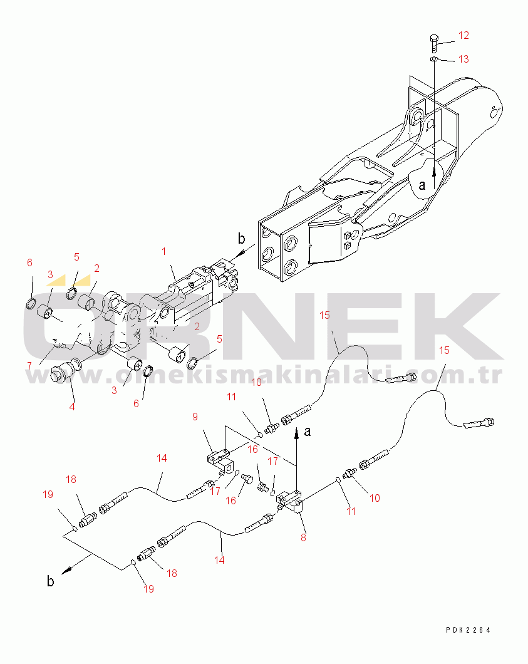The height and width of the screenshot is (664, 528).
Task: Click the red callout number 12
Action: coord(463,35)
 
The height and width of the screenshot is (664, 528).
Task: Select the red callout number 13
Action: coord(463,59)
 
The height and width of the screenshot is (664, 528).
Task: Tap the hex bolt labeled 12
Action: coord(433,44)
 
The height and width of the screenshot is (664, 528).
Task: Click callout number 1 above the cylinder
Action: coord(164,252)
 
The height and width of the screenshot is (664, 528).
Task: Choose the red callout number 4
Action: coord(72,407)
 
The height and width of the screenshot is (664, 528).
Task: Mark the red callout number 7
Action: coord(29,366)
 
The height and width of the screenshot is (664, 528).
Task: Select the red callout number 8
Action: coord(303,538)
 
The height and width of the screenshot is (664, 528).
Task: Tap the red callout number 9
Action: coord(195,417)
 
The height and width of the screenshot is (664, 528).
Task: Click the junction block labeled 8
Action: coord(290,501)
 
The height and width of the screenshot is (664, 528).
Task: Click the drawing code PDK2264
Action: coord(468,630)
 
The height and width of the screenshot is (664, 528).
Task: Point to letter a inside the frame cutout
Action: coord(422,185)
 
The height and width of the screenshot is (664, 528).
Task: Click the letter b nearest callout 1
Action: coord(241,239)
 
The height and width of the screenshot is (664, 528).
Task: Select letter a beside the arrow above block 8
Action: coord(308,431)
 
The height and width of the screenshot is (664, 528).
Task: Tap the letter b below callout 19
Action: coord(50,581)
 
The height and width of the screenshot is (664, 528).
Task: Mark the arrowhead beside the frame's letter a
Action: coord(433,173)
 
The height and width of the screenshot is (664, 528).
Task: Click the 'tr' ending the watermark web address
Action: coord(492,375)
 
